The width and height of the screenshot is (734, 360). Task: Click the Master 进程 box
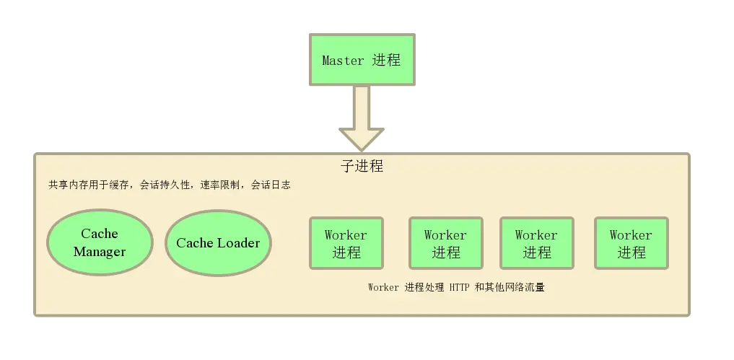(x=361, y=58)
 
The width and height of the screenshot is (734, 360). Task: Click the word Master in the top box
(x=343, y=61)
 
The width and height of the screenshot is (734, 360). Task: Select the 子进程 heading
(x=362, y=166)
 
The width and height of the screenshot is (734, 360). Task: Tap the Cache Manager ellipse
(x=100, y=242)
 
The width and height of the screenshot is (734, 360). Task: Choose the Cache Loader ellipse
(x=218, y=243)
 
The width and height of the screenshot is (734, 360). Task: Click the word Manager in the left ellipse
(x=100, y=252)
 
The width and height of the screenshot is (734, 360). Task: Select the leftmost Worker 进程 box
(x=346, y=243)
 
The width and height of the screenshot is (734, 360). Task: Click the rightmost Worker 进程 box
(x=631, y=243)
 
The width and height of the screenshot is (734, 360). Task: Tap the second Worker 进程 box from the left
(x=445, y=243)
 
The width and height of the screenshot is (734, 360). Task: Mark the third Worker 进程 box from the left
(x=536, y=243)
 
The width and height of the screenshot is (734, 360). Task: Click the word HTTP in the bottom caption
(x=459, y=287)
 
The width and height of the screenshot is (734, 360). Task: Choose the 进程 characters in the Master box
(x=387, y=61)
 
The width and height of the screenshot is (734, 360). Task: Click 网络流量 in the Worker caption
(x=525, y=287)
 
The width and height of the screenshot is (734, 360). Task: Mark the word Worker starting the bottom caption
(x=383, y=287)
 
